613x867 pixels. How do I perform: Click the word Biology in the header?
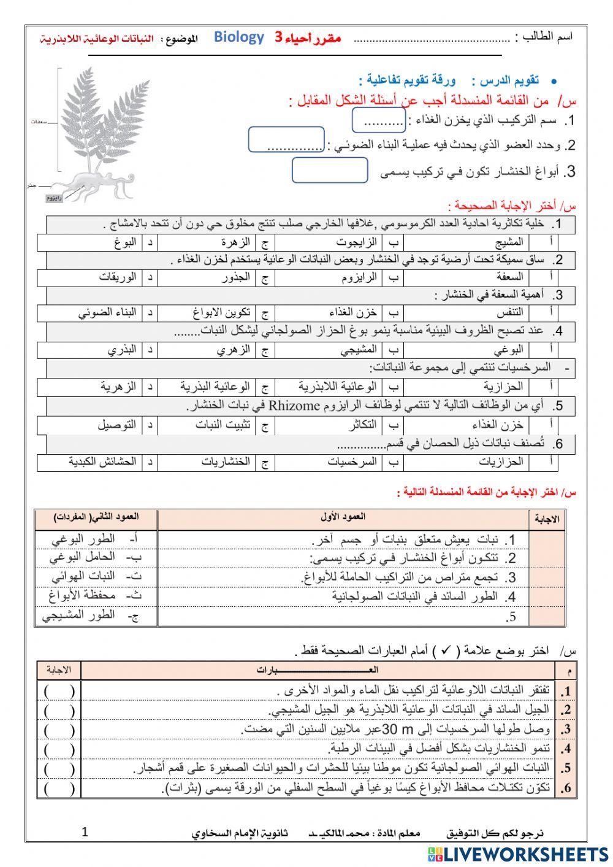click(239, 37)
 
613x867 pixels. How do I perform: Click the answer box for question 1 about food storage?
click(379, 120)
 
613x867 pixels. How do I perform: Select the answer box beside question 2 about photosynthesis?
click(286, 140)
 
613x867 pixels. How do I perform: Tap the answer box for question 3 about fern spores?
click(330, 170)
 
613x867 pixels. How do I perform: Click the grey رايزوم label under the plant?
click(55, 198)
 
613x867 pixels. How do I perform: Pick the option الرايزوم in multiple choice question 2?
click(359, 277)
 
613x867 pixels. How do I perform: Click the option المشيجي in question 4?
click(359, 350)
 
